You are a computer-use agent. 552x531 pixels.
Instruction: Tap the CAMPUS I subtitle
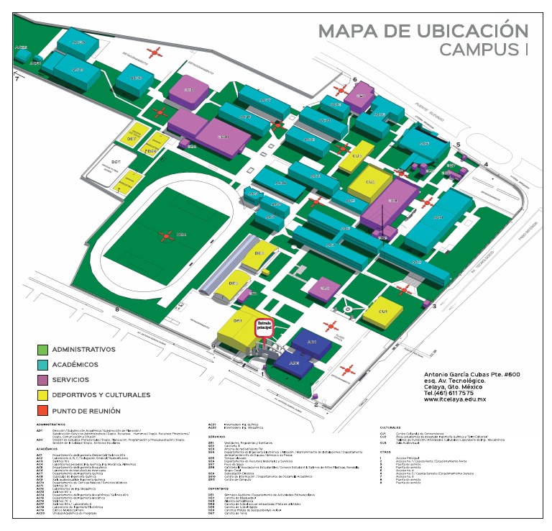click(x=483, y=50)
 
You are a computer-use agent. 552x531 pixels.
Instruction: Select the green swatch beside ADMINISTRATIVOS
click(x=42, y=350)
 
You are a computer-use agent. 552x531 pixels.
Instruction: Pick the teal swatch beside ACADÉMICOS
click(x=42, y=365)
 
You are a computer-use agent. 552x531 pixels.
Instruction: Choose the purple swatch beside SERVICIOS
click(x=42, y=380)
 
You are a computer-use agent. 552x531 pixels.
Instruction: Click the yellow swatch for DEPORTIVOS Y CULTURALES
click(x=42, y=395)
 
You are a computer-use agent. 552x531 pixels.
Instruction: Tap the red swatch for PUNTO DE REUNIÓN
click(x=42, y=411)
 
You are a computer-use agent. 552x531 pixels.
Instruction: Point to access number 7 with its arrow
click(x=17, y=78)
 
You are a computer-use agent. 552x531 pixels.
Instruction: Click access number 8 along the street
click(x=116, y=309)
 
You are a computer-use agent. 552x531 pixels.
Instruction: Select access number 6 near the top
click(x=354, y=79)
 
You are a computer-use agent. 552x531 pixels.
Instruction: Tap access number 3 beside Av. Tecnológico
click(x=433, y=306)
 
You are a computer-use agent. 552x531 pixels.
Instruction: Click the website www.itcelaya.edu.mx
click(x=465, y=400)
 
